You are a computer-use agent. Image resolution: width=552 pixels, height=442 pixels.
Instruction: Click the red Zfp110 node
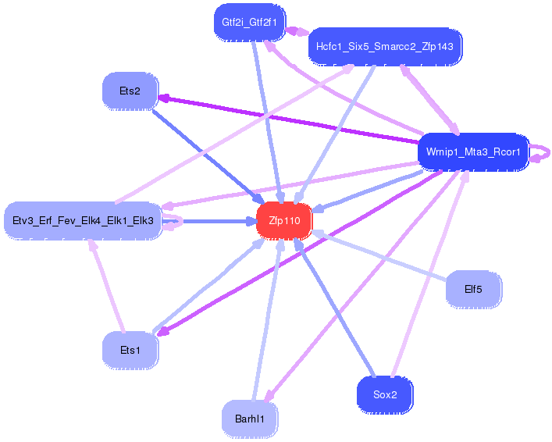pos(284,221)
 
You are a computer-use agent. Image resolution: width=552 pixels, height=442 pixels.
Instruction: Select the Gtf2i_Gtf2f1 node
pos(250,23)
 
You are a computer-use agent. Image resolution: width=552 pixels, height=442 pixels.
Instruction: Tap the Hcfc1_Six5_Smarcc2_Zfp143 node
pos(385,47)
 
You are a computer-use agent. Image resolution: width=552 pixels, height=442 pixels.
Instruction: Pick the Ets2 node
pos(130,91)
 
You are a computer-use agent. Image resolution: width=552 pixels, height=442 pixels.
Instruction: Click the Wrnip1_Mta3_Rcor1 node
pos(473,152)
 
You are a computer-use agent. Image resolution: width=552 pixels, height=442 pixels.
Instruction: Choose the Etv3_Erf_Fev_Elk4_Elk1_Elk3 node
pos(83,221)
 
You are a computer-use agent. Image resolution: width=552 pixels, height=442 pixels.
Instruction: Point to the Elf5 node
pos(473,289)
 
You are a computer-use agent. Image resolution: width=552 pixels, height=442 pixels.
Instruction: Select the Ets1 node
pos(130,350)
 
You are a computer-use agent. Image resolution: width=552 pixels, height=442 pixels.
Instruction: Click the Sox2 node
pos(385,395)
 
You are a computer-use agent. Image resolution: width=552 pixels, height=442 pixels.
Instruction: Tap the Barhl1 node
pos(250,419)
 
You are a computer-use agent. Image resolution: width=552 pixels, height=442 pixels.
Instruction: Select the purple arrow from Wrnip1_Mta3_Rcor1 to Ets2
pos(288,119)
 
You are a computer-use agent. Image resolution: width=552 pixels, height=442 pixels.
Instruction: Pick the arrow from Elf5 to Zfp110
pos(379,255)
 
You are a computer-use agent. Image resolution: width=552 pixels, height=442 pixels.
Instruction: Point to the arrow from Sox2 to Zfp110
pos(334,307)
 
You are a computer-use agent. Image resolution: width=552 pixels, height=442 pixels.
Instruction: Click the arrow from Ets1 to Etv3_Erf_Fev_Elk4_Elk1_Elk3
pos(107,286)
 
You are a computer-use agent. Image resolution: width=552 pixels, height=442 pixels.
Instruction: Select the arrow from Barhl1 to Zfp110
pos(268,320)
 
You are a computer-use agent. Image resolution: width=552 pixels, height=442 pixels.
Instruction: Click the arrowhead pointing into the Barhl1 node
pos(269,395)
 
